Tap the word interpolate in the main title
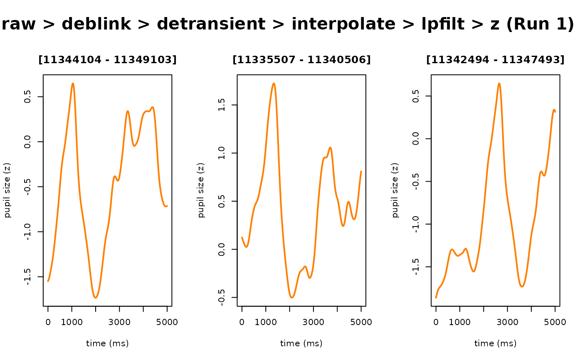pos(343,25)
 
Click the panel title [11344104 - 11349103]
pos(107,60)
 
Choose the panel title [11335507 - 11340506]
pos(301,60)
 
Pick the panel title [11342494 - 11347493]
pos(496,60)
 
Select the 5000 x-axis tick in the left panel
pos(167,322)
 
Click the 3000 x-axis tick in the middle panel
pos(313,322)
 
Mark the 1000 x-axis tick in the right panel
pos(460,322)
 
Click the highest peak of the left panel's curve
pos(73,83)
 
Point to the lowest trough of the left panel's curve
pos(96,298)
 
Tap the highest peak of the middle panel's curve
pos(274,83)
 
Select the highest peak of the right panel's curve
pos(499,83)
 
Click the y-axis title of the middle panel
pos(202,190)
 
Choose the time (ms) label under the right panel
pos(496,343)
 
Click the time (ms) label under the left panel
pos(107,343)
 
